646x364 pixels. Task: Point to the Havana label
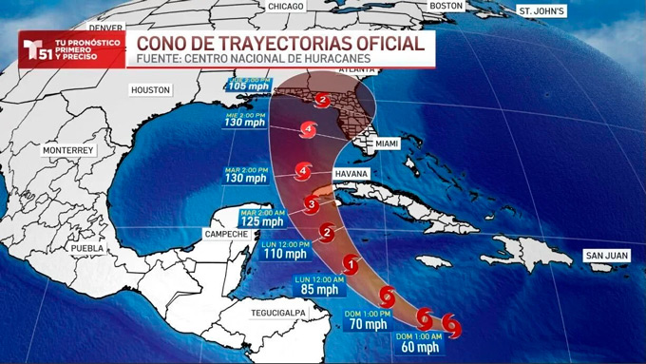coord(351,175)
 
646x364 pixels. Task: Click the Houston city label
coord(150,89)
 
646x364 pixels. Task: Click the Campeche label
coord(228,234)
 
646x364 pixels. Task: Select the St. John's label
coord(541,11)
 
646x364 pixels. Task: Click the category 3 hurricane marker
coord(313,202)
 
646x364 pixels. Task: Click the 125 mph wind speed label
coord(261,221)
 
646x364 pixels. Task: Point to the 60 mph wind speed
coord(418,347)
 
